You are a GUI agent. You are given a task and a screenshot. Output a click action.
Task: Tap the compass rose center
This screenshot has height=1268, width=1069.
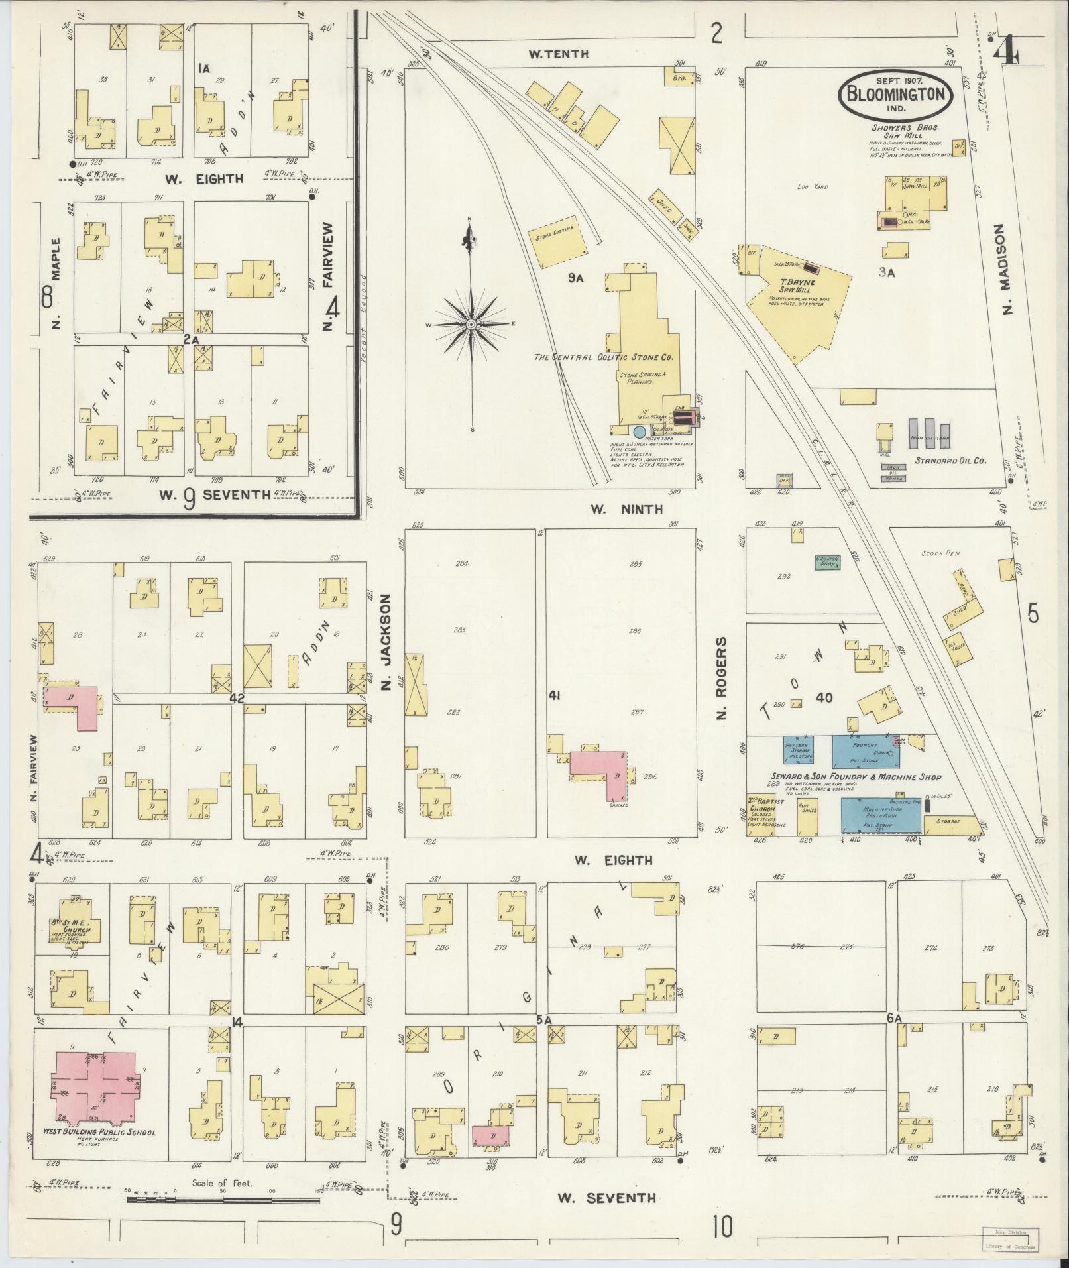point(471,324)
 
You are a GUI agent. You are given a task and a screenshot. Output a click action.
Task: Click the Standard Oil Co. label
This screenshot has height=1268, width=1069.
point(951,460)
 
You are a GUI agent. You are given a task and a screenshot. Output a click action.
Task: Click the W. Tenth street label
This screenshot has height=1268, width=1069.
point(558,54)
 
